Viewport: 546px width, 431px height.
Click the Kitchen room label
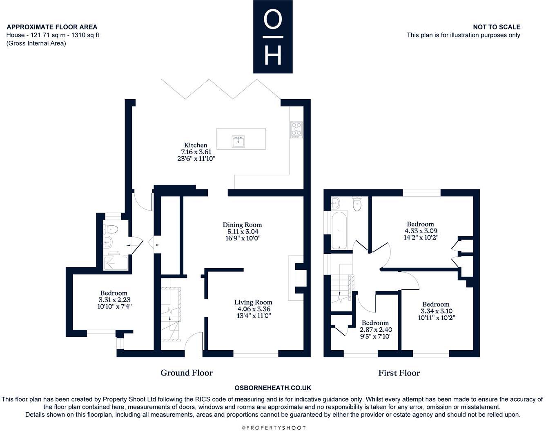[x=196, y=145]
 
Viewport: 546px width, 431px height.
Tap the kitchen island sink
[x=238, y=142]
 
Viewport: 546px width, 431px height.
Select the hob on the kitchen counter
[x=296, y=129]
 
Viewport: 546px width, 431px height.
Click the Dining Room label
[x=242, y=225]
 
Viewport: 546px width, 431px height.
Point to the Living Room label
[x=253, y=302]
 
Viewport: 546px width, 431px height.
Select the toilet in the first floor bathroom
[x=357, y=204]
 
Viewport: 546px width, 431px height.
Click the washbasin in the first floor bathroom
[x=336, y=203]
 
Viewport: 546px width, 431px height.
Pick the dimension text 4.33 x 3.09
[x=420, y=231]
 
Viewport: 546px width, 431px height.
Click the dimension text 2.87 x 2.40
[x=376, y=330]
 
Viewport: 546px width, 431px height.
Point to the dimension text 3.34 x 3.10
[x=436, y=311]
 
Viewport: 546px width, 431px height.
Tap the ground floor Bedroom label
[x=114, y=293]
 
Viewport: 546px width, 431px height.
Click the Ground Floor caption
[x=187, y=373]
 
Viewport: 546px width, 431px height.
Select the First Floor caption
[x=399, y=373]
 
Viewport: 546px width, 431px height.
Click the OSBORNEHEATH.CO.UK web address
[x=273, y=388]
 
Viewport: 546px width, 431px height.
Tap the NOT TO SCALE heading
[x=497, y=27]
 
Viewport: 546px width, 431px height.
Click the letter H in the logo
[x=273, y=55]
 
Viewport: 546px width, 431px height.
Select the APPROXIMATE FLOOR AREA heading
[x=52, y=27]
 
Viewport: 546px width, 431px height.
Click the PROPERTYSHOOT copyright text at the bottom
[x=273, y=427]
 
